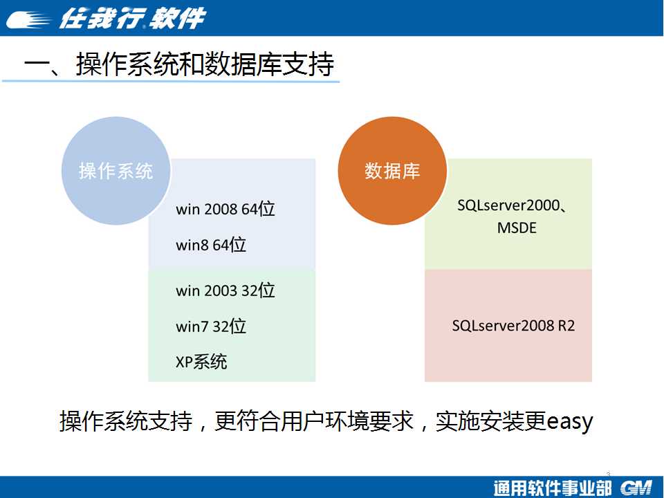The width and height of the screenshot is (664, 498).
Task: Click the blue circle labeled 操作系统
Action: point(116,171)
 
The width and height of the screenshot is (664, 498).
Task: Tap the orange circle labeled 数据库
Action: point(392,171)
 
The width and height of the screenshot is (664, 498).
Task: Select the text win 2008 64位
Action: point(225,209)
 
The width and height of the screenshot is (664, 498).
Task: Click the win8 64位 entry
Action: point(211,245)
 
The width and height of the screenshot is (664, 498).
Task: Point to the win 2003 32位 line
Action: point(225,290)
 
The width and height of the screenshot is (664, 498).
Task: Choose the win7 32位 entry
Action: point(211,326)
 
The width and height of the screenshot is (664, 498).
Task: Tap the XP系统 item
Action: point(201,362)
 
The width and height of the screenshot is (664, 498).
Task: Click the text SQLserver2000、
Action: point(512,205)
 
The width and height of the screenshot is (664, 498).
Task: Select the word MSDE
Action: point(517,228)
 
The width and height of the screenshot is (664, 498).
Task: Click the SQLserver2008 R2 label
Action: point(513,326)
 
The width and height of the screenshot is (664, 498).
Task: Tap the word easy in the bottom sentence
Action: point(569,422)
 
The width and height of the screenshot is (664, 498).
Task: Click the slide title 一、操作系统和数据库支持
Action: point(179,64)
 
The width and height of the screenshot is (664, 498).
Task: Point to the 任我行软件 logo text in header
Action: point(133,18)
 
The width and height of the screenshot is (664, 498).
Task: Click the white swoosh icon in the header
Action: point(28,19)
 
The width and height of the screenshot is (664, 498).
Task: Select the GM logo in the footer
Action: point(636,488)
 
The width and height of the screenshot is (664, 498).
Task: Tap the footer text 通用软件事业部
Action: point(553,488)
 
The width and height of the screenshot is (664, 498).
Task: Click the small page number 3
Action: point(609,474)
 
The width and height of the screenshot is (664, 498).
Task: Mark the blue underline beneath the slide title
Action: point(171,80)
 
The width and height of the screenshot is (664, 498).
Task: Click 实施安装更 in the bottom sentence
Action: point(491,421)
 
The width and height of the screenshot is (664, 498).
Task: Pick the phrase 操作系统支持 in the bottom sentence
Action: point(126,421)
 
